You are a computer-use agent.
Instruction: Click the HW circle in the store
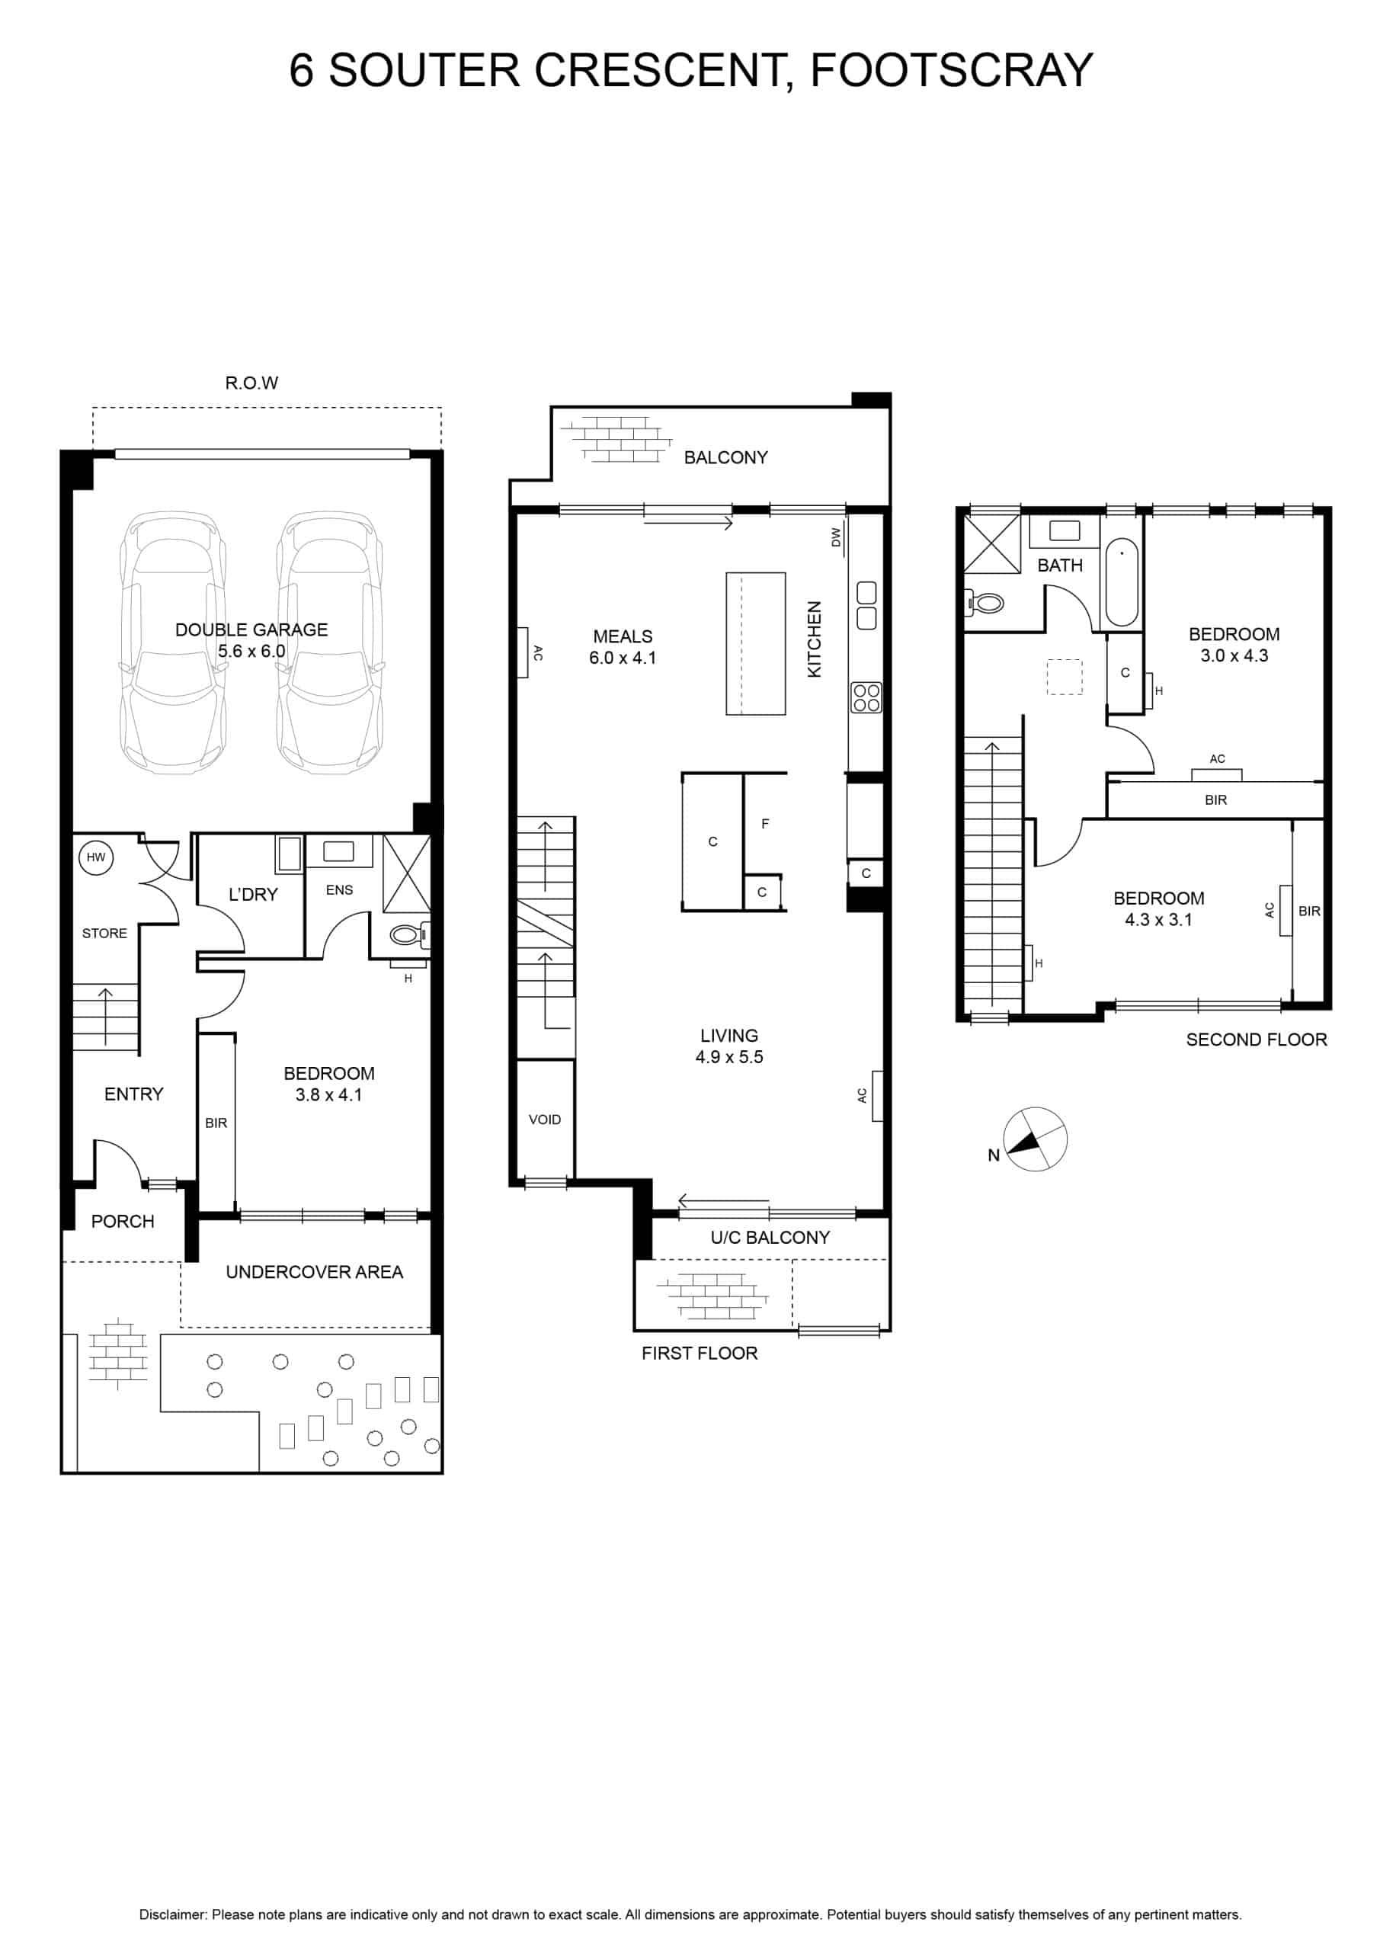(96, 857)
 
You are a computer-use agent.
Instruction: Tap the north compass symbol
(1035, 1139)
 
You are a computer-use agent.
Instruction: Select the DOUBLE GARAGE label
(251, 630)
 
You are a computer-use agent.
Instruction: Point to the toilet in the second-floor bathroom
(984, 604)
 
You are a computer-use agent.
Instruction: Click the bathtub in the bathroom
(1122, 582)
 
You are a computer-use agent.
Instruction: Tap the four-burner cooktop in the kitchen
(866, 697)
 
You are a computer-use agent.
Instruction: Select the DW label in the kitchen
(836, 537)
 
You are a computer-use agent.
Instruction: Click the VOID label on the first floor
(545, 1120)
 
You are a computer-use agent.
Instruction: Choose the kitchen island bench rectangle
(755, 643)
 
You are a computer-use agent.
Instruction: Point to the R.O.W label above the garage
(251, 383)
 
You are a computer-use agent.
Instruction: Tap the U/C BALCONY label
(770, 1238)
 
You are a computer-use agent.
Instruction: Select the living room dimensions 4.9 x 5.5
(729, 1057)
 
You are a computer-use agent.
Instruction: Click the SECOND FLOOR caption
(1256, 1040)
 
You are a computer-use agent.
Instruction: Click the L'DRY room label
(253, 894)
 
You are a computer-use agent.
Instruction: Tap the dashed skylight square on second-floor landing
(1065, 678)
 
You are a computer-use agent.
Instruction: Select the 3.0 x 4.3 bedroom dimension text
(1234, 655)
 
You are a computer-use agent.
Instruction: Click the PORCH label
(123, 1222)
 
